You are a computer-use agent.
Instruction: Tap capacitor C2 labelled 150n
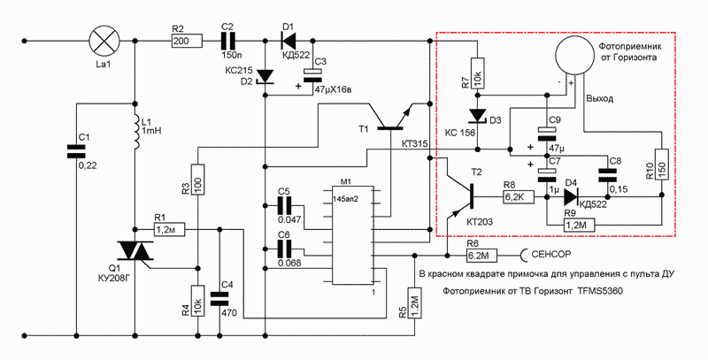point(228,40)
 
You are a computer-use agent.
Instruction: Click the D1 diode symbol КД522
point(286,40)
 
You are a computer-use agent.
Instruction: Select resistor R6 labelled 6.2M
point(480,255)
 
